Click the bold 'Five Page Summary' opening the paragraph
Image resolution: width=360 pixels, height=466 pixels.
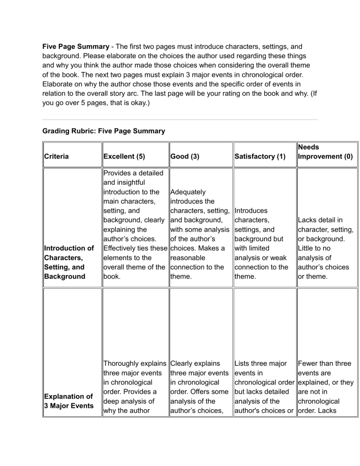click(x=72, y=47)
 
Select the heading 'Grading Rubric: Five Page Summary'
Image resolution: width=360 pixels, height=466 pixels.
click(x=104, y=131)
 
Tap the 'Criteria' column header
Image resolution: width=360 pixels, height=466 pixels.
click(x=56, y=156)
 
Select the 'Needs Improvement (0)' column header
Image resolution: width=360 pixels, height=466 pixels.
click(x=325, y=151)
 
